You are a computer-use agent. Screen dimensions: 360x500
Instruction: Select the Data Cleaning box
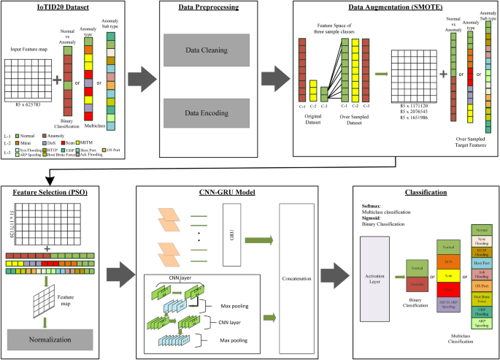[206, 52]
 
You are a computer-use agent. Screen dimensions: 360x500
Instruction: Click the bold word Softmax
[373, 204]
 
